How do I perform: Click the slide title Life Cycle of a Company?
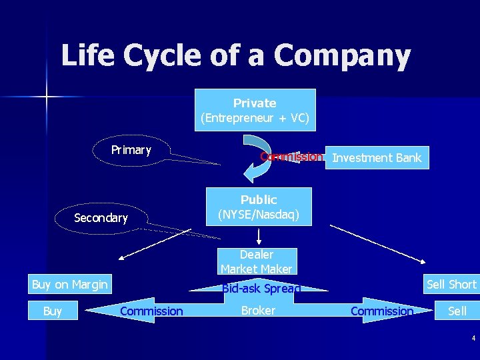(x=235, y=55)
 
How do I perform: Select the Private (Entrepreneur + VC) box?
(x=255, y=110)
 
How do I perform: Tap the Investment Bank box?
(x=377, y=158)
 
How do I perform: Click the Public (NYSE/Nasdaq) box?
(x=259, y=207)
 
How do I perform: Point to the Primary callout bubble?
(x=131, y=150)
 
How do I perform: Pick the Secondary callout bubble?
(x=101, y=218)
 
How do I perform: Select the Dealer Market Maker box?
(x=257, y=261)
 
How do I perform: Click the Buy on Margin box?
(x=69, y=285)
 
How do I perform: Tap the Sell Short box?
(x=451, y=285)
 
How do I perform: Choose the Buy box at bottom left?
(x=52, y=311)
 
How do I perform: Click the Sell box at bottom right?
(x=457, y=311)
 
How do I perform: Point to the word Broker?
(x=258, y=310)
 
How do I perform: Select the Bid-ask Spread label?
(x=261, y=289)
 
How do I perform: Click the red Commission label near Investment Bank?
(x=291, y=157)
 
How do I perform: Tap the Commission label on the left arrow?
(x=151, y=311)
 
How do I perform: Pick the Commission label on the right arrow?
(x=381, y=311)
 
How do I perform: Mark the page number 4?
(x=473, y=338)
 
